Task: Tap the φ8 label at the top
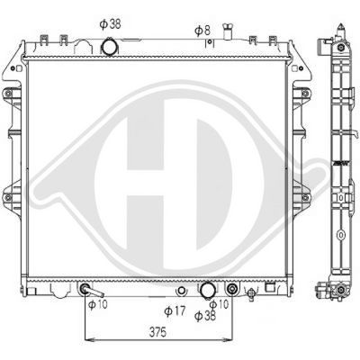click(x=202, y=30)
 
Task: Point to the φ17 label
click(x=176, y=312)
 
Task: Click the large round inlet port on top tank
click(x=110, y=46)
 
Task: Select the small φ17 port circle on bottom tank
click(x=182, y=291)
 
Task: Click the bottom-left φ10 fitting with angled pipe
click(x=87, y=291)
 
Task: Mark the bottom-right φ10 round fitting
click(x=234, y=291)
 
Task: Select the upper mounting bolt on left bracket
click(x=11, y=94)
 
